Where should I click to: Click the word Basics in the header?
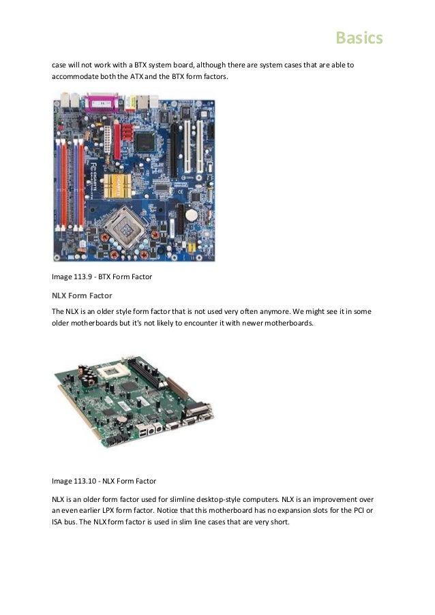click(359, 38)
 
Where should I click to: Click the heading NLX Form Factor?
click(83, 296)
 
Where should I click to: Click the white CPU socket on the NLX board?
click(108, 373)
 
